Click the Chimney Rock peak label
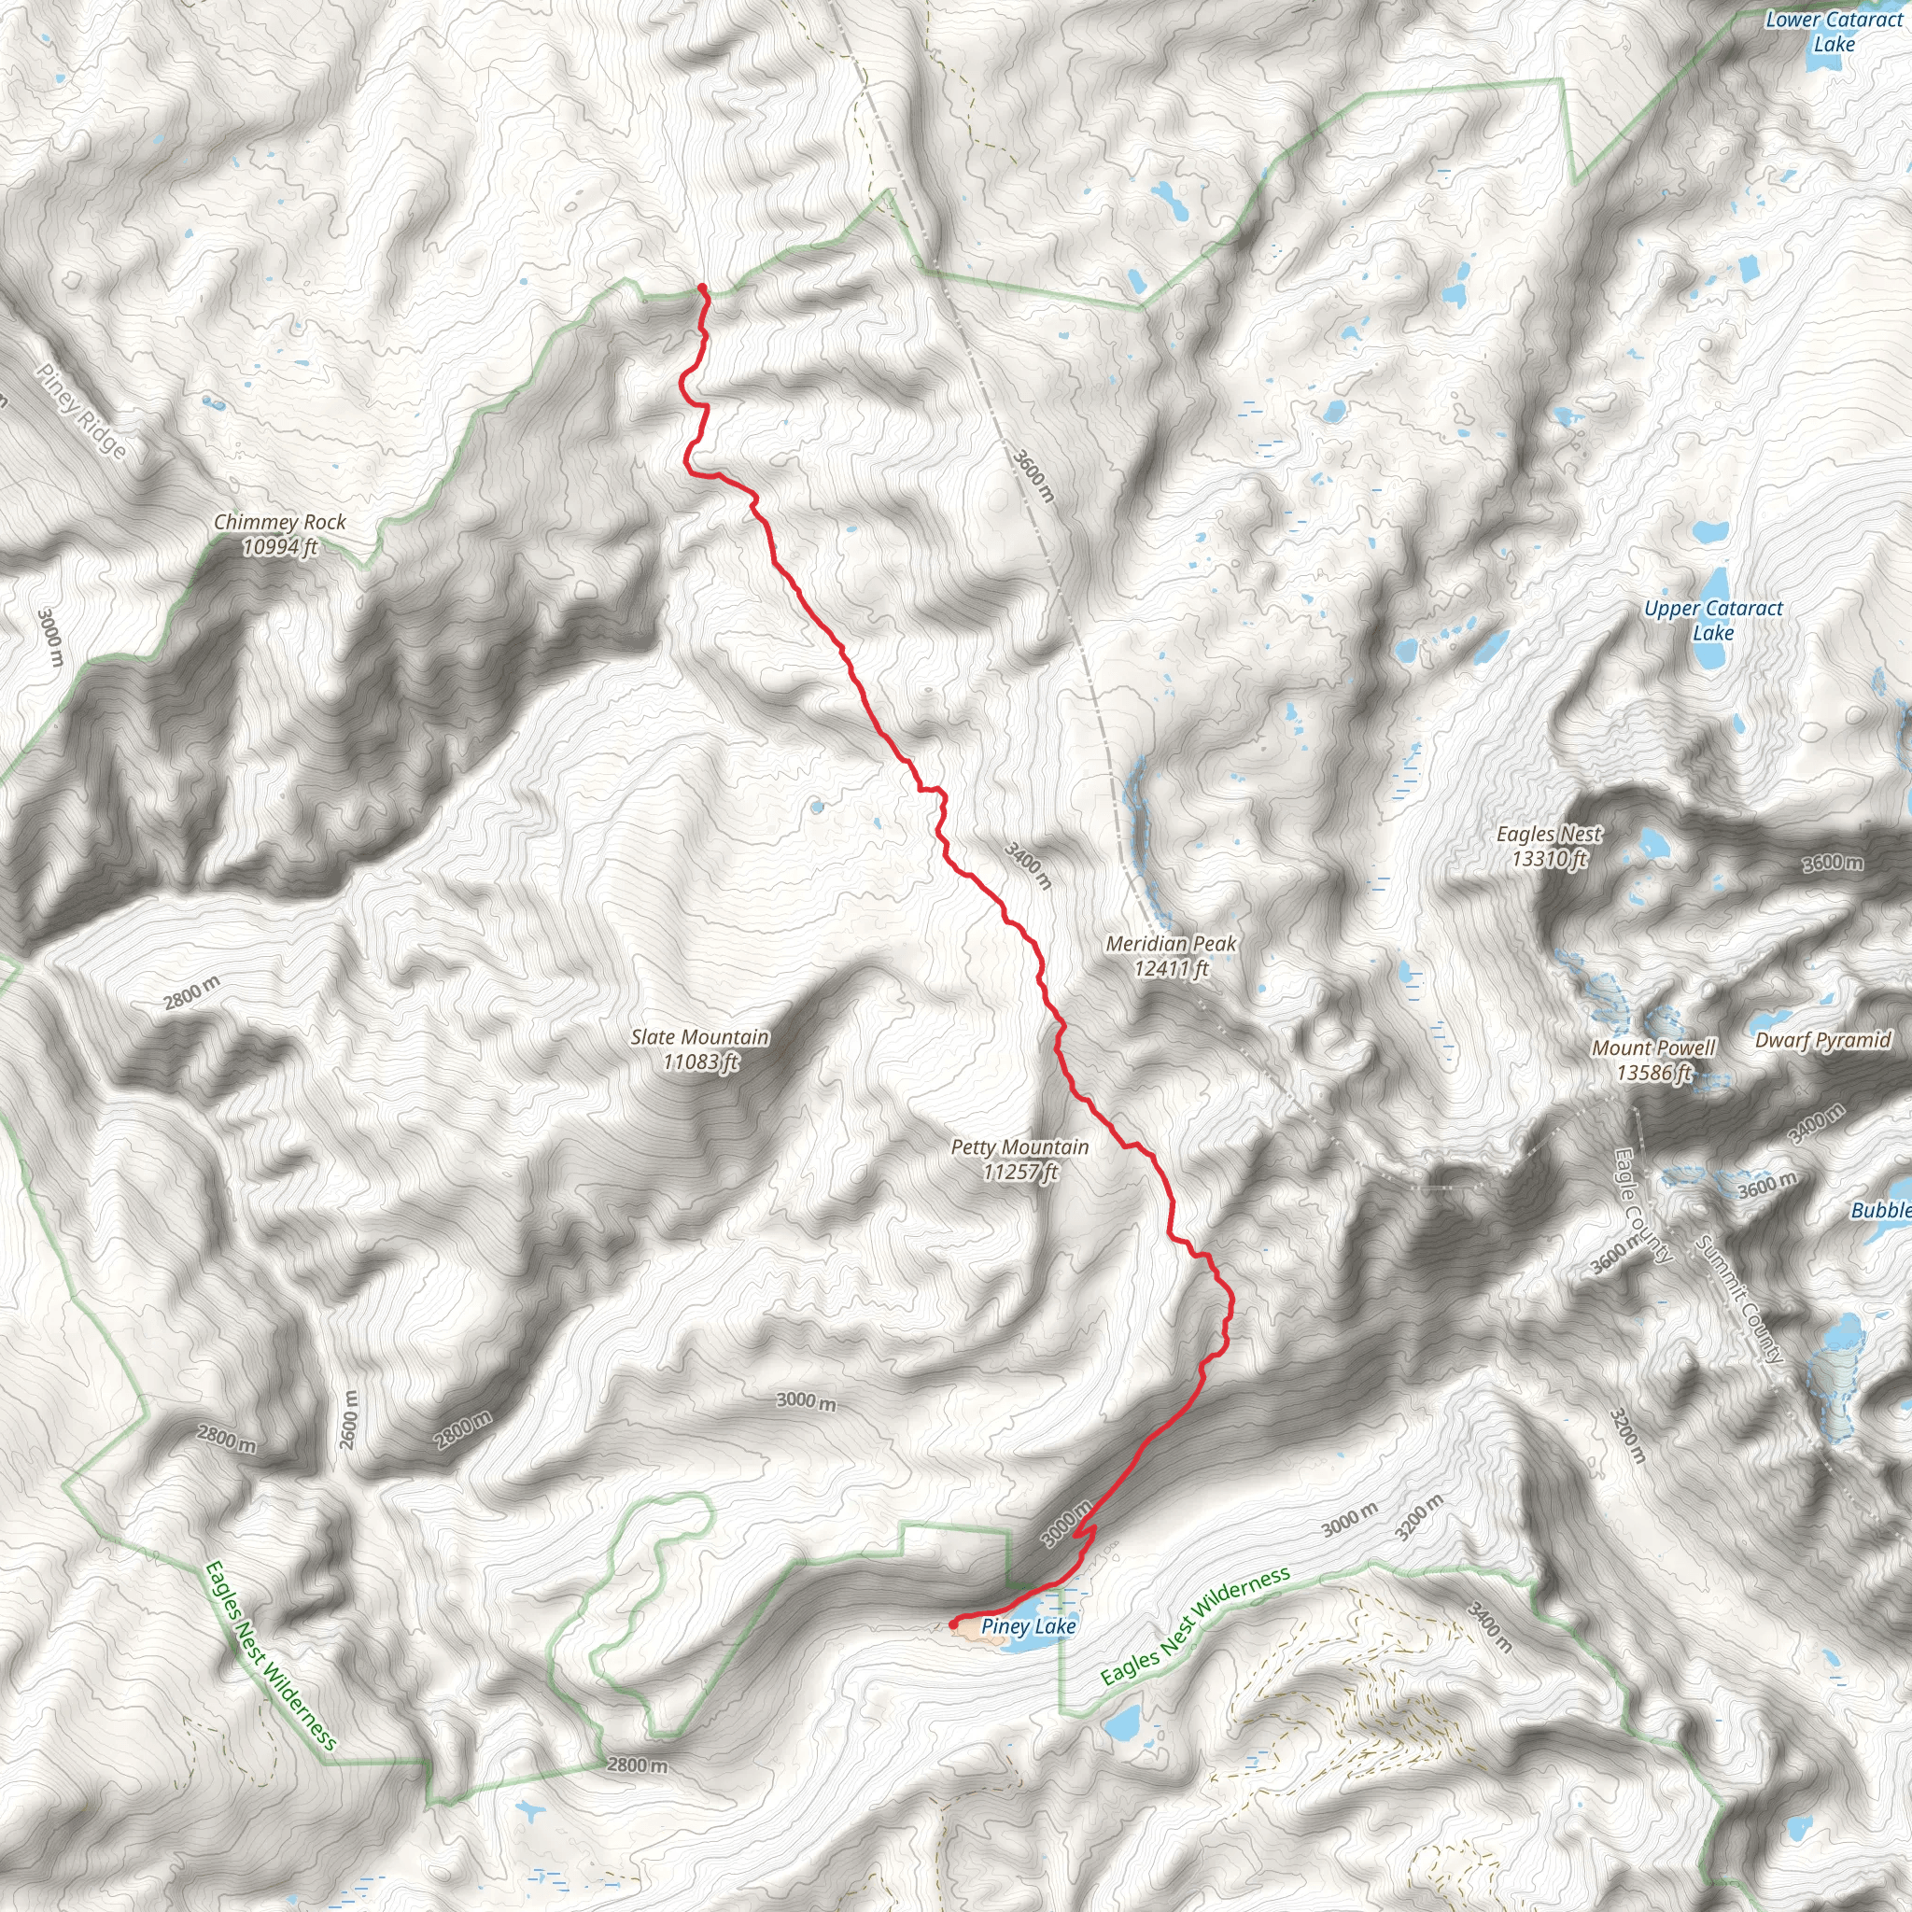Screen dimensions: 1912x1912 (x=280, y=533)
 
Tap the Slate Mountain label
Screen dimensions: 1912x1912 (x=699, y=1049)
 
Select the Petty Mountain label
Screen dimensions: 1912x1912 (x=1019, y=1159)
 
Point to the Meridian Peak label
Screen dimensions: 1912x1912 (x=1171, y=956)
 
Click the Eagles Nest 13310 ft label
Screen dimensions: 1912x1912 (x=1549, y=846)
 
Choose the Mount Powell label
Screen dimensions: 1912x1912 (x=1653, y=1060)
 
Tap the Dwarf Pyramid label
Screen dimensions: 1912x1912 (x=1823, y=1040)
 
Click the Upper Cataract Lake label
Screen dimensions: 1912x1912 (x=1713, y=621)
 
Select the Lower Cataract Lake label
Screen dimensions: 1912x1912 (x=1834, y=32)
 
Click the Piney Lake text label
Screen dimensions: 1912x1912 (x=1028, y=1626)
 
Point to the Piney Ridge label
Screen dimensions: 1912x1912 (x=82, y=411)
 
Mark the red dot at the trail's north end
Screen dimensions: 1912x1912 (x=702, y=288)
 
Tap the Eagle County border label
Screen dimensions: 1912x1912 (x=1642, y=1204)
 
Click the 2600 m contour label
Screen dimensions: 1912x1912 (x=348, y=1420)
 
